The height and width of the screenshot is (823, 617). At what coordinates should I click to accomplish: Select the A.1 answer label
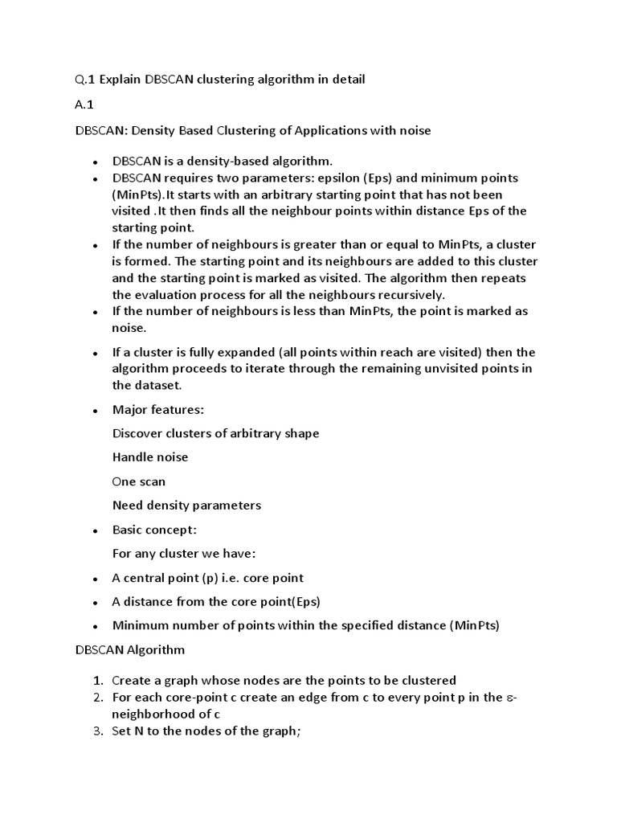point(84,105)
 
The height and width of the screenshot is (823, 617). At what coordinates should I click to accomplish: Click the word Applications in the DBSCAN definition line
point(330,130)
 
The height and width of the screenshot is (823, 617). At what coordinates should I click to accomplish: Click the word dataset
point(161,385)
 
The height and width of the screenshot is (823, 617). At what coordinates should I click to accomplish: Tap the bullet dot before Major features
point(95,410)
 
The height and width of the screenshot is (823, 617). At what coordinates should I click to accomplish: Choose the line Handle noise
point(150,457)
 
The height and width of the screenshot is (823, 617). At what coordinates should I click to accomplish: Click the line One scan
point(139,481)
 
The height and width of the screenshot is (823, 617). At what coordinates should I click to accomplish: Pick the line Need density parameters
point(186,506)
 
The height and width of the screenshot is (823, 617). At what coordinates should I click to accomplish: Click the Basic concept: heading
point(154,530)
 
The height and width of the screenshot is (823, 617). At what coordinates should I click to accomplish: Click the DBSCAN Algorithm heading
point(129,649)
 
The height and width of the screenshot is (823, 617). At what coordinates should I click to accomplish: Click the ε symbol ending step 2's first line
point(511,698)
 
